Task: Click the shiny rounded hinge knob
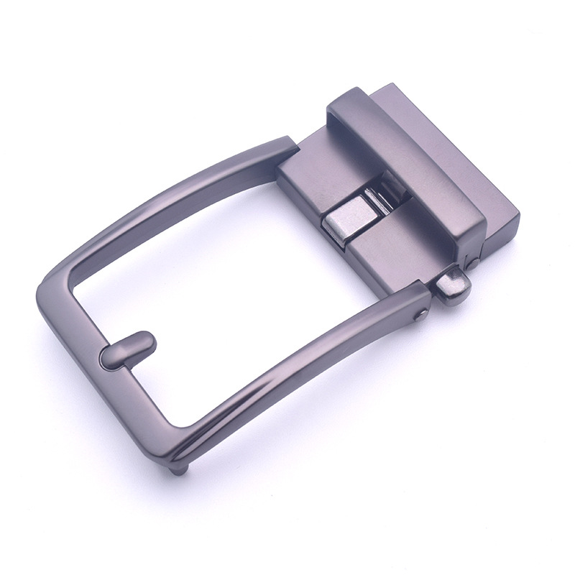455,284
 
